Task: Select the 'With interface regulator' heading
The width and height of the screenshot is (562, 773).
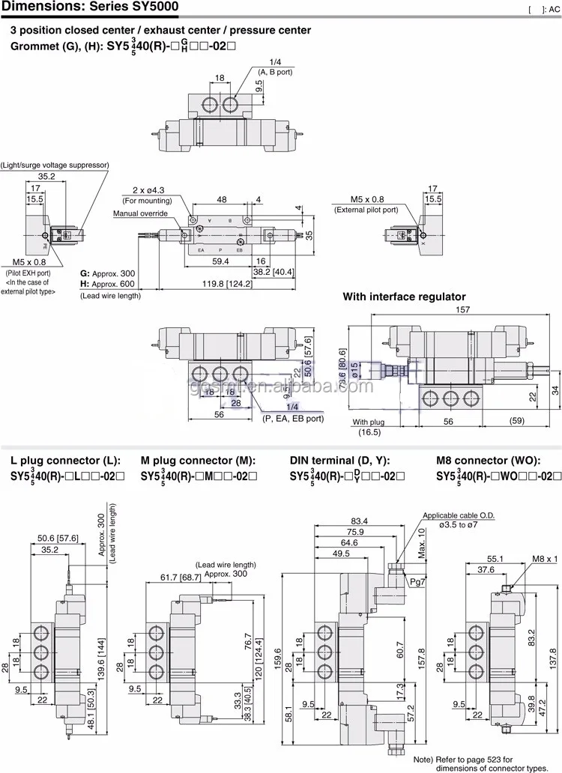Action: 404,297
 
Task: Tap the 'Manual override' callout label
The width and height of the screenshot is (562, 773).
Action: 142,213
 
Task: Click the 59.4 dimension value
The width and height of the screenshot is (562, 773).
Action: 220,261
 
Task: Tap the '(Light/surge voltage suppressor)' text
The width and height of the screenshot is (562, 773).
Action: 55,164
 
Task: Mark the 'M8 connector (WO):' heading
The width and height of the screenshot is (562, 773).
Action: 484,460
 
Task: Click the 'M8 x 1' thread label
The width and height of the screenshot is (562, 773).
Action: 543,559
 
